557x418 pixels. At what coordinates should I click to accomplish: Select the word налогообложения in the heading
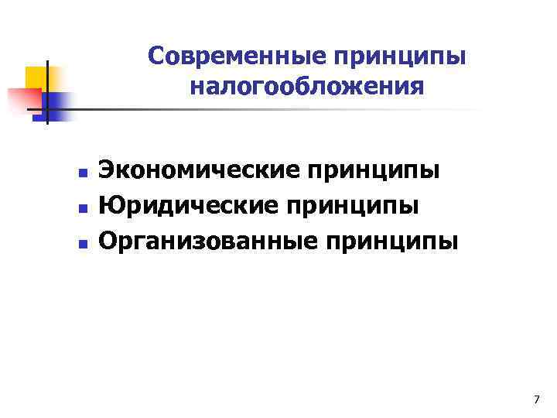[306, 86]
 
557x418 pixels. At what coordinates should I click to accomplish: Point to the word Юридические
[192, 206]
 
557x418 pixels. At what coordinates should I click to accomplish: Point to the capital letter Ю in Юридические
[109, 206]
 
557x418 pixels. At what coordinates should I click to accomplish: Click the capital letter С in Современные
[156, 57]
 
